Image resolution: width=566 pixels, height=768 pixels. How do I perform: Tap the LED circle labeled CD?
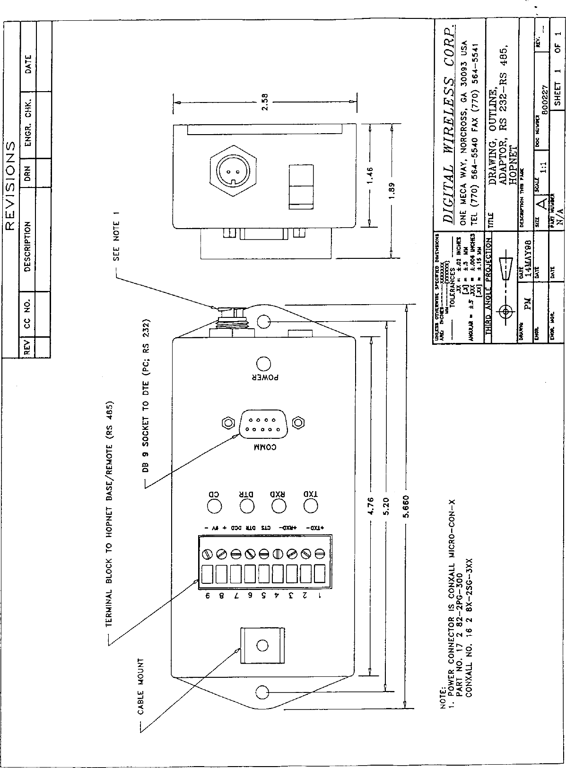coord(214,505)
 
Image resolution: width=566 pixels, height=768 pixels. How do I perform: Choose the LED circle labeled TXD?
coord(310,505)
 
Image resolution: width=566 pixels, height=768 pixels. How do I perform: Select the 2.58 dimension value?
coord(265,102)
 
